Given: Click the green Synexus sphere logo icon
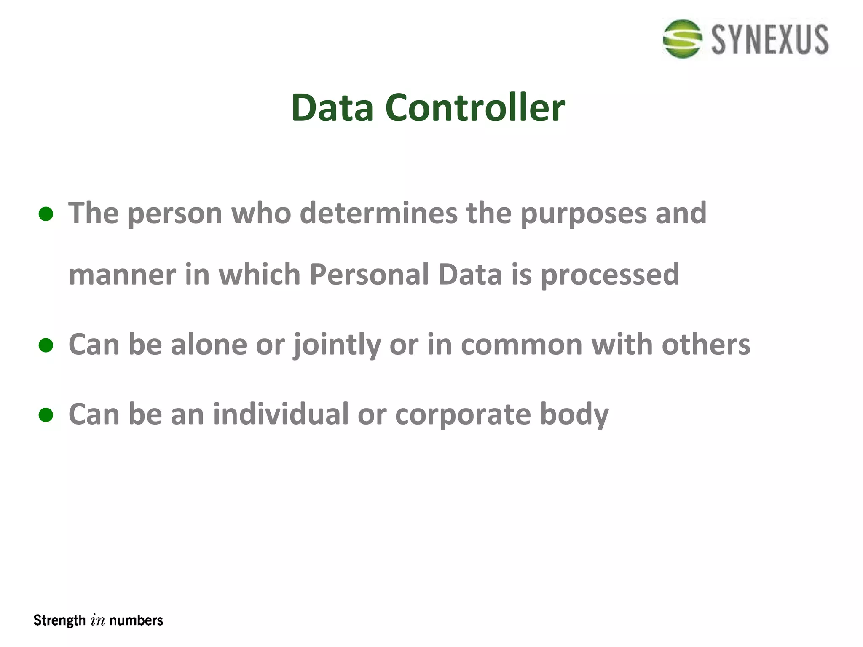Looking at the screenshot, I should point(682,39).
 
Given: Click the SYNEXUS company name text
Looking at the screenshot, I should point(770,40).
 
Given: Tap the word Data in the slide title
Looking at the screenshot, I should point(332,108).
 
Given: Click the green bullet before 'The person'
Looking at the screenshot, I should point(46,214).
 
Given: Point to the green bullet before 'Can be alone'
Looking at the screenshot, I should point(46,345).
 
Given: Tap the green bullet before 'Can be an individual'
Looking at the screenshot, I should point(46,415).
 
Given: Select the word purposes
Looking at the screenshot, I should point(583,214).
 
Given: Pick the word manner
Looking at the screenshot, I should point(122,275).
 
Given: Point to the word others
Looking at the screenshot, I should point(706,345).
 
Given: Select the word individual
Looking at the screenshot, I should point(281,414).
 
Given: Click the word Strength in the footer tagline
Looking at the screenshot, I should point(59,620).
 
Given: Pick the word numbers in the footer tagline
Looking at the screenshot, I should point(136,620).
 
